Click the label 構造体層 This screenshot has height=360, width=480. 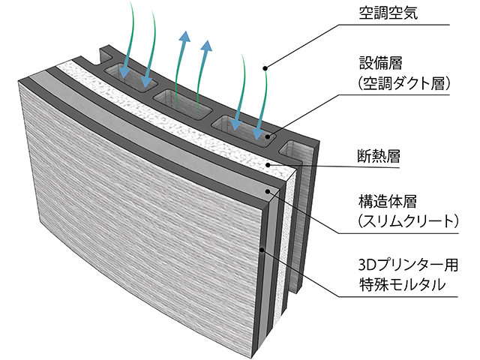point(388,202)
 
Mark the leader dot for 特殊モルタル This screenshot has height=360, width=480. point(260,249)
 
